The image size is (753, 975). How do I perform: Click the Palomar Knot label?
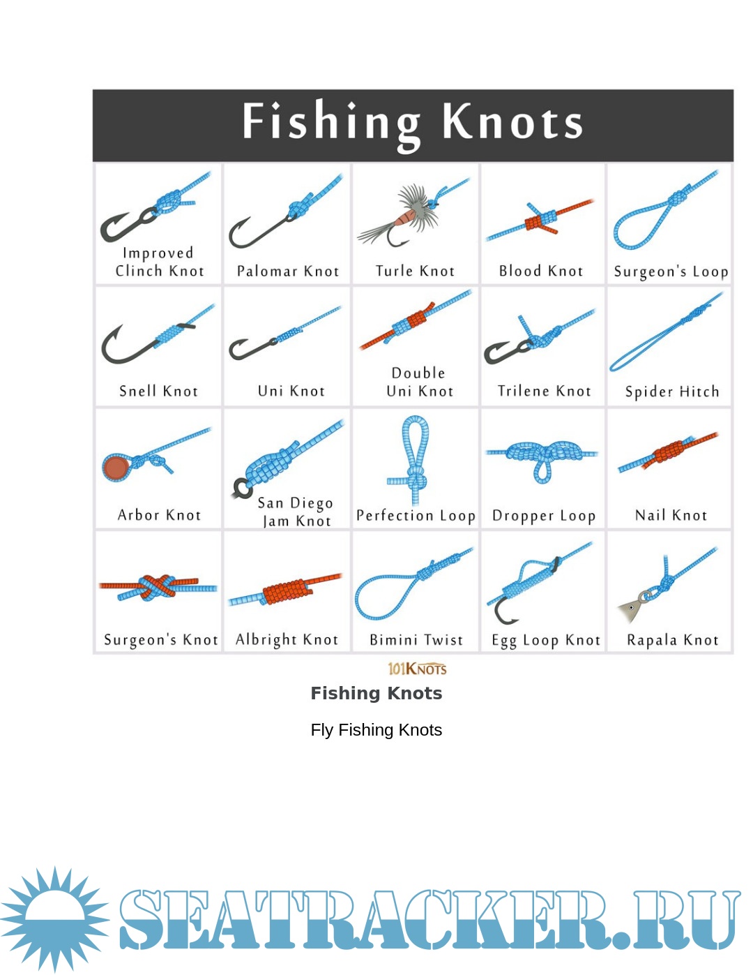click(x=288, y=271)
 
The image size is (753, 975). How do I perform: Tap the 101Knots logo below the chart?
click(x=417, y=669)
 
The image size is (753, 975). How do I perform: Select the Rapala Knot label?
click(x=672, y=639)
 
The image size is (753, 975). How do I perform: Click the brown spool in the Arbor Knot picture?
click(x=116, y=468)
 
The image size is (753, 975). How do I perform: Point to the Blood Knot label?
click(x=541, y=271)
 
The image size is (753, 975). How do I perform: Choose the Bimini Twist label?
click(x=416, y=639)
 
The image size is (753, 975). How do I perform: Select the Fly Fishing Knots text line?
click(x=376, y=730)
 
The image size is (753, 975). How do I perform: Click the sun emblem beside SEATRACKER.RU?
click(x=54, y=920)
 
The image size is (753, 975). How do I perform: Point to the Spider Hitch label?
click(x=672, y=392)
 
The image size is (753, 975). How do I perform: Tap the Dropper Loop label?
click(x=544, y=516)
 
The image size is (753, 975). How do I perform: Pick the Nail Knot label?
click(x=671, y=515)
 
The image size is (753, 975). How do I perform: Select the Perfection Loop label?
click(x=416, y=516)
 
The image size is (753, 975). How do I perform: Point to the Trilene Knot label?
click(x=544, y=391)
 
